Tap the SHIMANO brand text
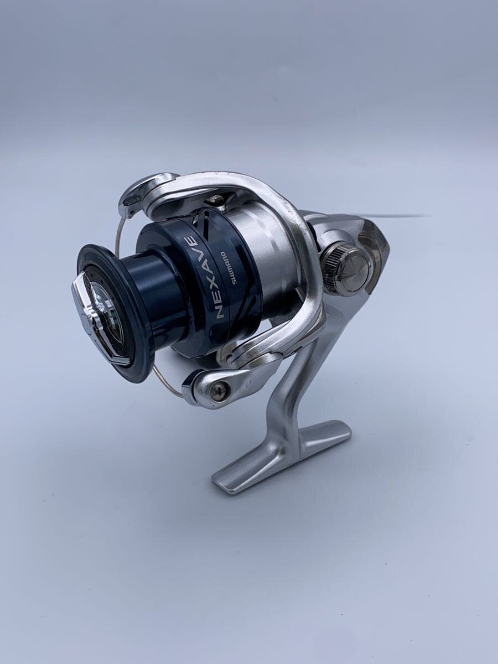229,267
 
